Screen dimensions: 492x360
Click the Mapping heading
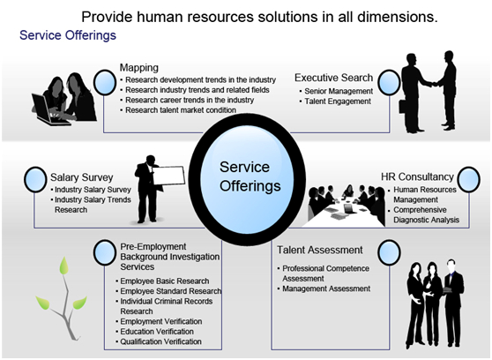click(x=139, y=68)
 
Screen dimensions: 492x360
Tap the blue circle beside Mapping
click(x=105, y=82)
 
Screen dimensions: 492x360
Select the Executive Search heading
click(x=333, y=78)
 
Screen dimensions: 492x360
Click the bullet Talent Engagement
click(x=338, y=101)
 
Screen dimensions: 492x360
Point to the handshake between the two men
click(x=435, y=84)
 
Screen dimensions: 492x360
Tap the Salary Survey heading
click(x=82, y=177)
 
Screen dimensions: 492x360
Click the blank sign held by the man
click(x=168, y=176)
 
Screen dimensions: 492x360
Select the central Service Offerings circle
click(x=247, y=179)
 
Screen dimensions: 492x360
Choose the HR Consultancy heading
click(x=417, y=176)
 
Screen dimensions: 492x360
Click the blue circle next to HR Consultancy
click(x=468, y=179)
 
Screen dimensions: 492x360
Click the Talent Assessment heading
click(x=319, y=250)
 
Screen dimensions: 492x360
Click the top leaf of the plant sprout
click(x=64, y=266)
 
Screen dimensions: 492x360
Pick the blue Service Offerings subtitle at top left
click(x=68, y=35)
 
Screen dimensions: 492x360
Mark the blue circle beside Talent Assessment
click(x=389, y=252)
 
